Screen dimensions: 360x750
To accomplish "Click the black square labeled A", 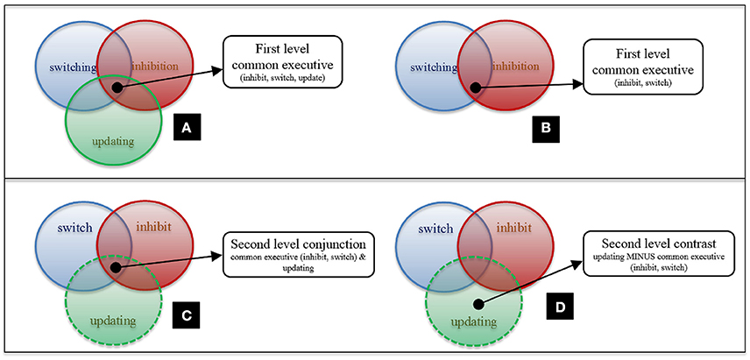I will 186,128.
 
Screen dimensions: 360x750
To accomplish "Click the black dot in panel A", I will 117,86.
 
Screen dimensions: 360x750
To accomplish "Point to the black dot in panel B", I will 475,88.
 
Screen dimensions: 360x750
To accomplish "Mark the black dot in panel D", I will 477,305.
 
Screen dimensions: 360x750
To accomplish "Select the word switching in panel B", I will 430,67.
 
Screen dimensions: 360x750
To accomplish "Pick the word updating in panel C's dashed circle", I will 111,320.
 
